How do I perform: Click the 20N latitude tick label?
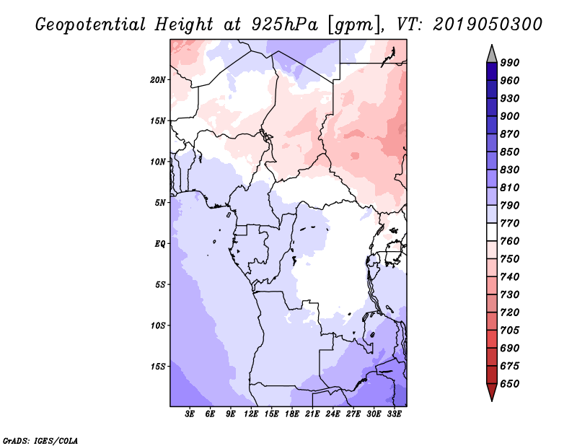pos(158,79)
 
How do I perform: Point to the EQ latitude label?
pos(159,243)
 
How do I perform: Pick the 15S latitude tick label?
pos(158,367)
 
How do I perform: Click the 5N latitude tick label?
pos(159,202)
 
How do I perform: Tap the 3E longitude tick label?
pos(190,414)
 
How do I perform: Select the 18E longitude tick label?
pos(292,414)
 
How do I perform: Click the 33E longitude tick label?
pos(394,414)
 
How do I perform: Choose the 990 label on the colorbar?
pos(510,63)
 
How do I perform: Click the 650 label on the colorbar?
pos(510,384)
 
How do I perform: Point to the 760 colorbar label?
pos(510,241)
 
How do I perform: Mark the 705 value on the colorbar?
pos(510,331)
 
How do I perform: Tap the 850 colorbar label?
pos(510,152)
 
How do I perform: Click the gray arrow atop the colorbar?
pos(491,53)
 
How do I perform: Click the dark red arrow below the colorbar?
pos(491,393)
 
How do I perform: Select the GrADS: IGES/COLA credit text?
pos(40,440)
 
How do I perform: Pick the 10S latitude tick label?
pos(158,325)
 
